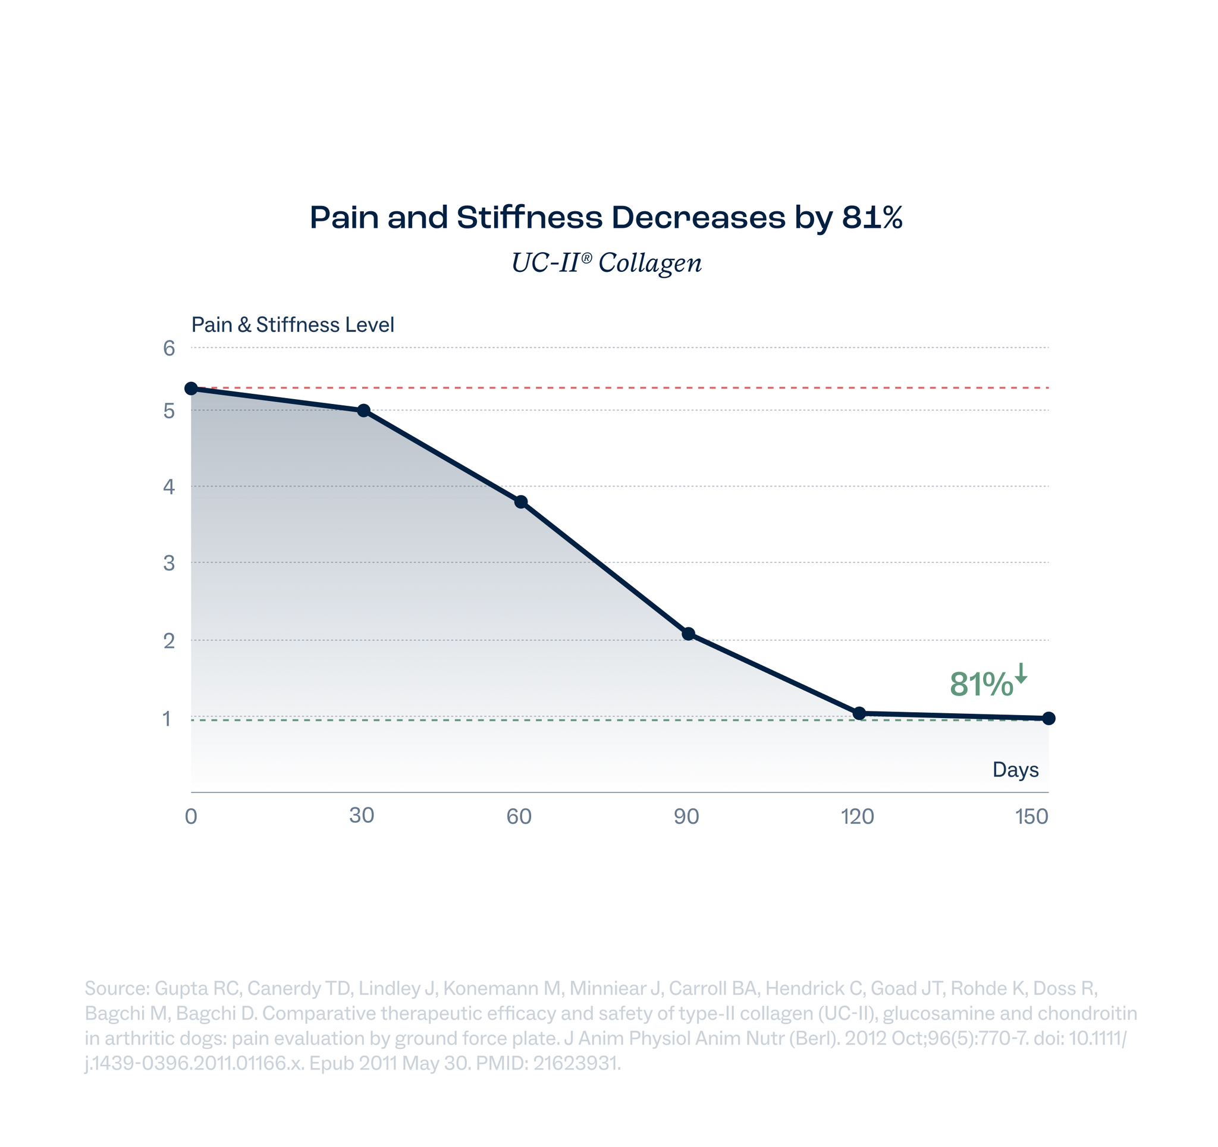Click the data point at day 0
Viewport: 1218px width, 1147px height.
pos(191,388)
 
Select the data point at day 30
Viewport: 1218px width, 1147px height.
pos(363,410)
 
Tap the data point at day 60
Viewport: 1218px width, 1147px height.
pos(521,503)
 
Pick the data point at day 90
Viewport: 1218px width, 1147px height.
pos(689,634)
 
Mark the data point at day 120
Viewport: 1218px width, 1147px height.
pos(859,713)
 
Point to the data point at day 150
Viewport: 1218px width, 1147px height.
pos(1049,718)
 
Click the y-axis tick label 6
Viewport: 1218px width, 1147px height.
pos(169,349)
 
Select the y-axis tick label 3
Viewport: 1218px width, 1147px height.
pos(169,563)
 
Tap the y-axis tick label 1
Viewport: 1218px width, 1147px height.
pos(167,719)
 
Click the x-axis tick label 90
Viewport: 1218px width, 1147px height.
pos(687,817)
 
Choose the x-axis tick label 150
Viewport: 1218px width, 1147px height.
pos(1032,817)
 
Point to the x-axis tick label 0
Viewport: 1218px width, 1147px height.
pos(191,817)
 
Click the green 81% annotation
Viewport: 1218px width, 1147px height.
pos(981,684)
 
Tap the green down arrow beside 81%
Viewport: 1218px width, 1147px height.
pos(1021,673)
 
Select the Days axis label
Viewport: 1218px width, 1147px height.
pos(1015,770)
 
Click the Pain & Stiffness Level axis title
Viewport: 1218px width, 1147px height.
pos(292,325)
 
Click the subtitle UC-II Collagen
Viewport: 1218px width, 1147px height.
pos(607,263)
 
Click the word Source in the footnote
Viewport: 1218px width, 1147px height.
pos(117,988)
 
